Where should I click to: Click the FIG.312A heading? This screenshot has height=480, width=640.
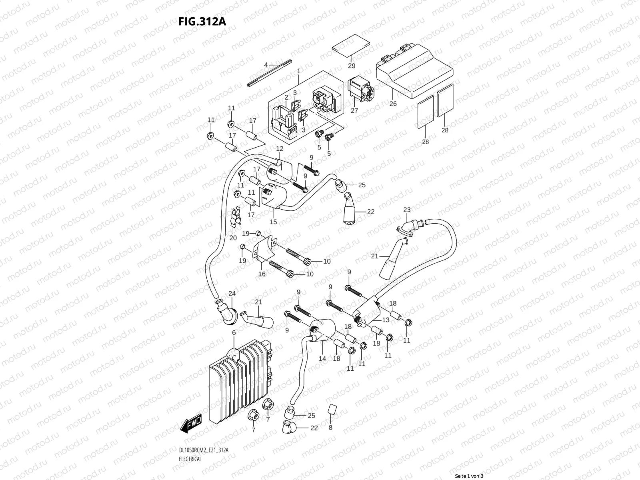point(202,21)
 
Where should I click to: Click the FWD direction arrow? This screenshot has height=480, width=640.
point(192,423)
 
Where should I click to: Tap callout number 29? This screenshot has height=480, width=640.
point(352,66)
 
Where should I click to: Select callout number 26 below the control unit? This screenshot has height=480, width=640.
point(393,104)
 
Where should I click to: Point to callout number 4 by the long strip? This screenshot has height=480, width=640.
point(266,64)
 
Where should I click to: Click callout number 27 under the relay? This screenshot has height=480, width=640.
point(354,110)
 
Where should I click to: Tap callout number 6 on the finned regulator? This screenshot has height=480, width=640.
point(234,333)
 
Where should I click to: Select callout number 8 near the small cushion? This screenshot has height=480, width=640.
point(330,427)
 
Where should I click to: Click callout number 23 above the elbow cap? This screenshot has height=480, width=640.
point(407,210)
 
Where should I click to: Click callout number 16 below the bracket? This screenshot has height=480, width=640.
point(262,274)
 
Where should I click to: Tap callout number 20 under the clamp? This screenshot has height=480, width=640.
point(233,238)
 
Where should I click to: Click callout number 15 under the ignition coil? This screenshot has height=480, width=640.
point(273,222)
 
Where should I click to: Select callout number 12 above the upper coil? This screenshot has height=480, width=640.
point(280,149)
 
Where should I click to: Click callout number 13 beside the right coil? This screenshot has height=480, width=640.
point(386,320)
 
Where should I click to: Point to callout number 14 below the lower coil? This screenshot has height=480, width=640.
point(322,359)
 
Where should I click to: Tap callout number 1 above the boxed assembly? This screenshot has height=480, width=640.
point(298,71)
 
